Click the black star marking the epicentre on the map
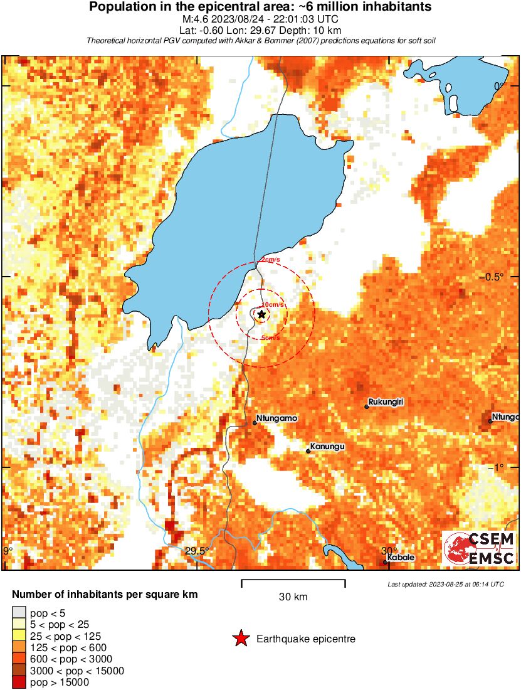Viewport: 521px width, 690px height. tap(261, 314)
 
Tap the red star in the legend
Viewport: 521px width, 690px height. tap(241, 639)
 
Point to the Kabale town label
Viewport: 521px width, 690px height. tap(401, 557)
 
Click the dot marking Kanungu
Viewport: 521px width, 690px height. tap(308, 451)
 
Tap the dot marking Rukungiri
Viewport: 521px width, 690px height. tap(367, 407)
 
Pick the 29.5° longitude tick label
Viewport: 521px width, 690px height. tap(197, 551)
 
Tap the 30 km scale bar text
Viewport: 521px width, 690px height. tap(293, 597)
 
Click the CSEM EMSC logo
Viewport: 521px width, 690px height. tap(480, 548)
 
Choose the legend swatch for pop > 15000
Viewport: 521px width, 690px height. tap(19, 682)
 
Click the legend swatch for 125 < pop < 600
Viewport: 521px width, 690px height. tap(19, 647)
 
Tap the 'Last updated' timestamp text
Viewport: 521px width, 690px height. tap(445, 584)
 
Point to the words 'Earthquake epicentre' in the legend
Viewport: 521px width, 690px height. tap(306, 639)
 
